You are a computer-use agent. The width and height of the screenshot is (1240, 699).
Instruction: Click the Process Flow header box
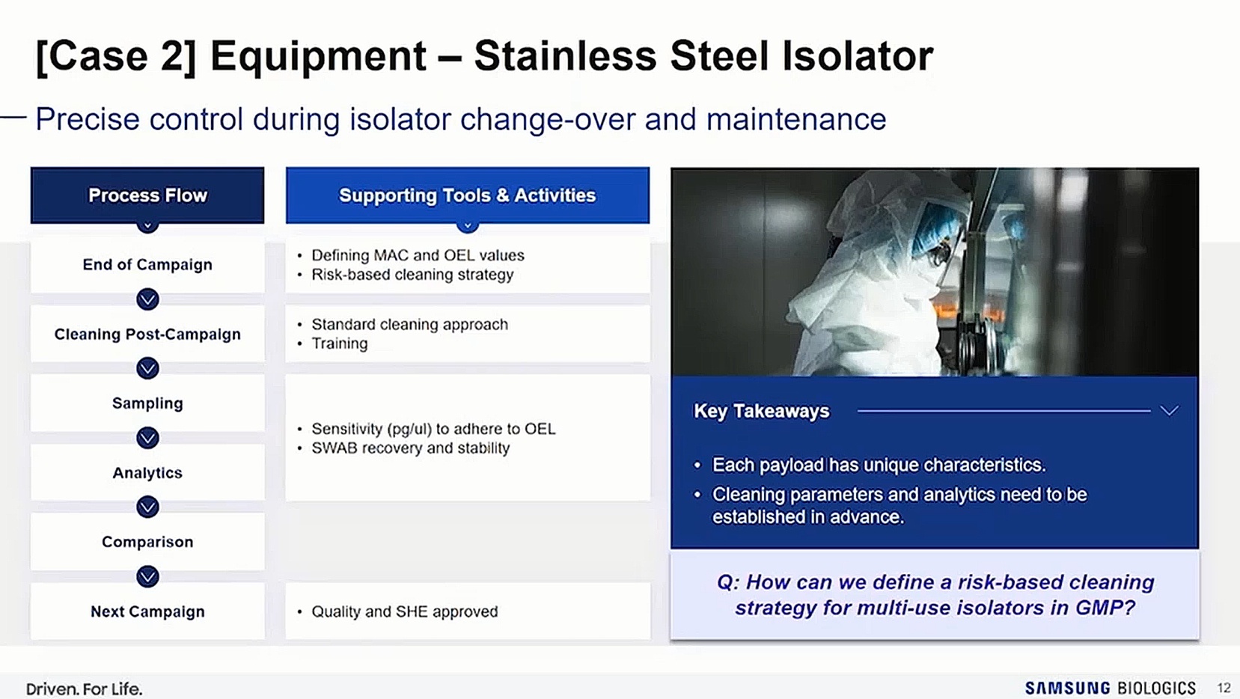[147, 195]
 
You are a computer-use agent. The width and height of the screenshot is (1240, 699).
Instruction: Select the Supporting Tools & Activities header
[467, 195]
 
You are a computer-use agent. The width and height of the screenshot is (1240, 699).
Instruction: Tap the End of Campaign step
[147, 264]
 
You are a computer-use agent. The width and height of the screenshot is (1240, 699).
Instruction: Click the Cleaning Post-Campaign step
[147, 335]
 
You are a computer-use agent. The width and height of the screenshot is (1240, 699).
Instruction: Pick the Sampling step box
[147, 403]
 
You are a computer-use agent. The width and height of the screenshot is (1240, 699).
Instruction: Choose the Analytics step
[147, 473]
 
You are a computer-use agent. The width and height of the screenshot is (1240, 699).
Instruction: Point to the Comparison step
[147, 542]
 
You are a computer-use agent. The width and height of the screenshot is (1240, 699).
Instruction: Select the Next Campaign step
[147, 611]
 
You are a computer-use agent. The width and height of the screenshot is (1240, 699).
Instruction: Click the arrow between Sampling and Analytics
[147, 439]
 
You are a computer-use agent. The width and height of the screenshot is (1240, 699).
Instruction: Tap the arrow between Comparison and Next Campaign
[147, 577]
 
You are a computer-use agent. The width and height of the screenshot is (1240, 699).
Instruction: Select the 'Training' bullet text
[339, 344]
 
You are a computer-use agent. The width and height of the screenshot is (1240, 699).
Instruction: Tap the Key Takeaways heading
[761, 411]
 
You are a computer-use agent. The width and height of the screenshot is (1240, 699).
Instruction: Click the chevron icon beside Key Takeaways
[1169, 411]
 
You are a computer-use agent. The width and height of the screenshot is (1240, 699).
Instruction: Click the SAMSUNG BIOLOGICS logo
[1110, 688]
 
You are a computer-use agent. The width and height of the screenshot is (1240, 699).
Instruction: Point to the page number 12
[1224, 688]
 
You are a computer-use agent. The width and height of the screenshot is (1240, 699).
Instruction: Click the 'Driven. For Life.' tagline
[84, 689]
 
